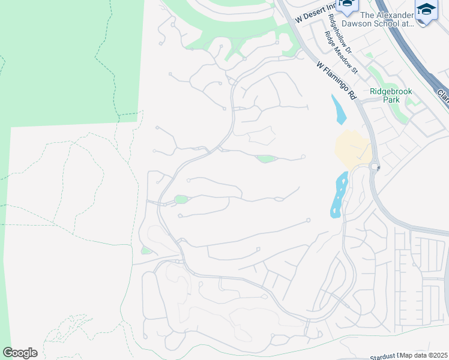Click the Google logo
[x=20, y=353]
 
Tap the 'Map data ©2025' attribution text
[x=424, y=355]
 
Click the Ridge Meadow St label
[x=341, y=53]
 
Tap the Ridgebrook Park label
[x=392, y=96]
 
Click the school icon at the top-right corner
[x=426, y=10]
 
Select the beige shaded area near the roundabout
[x=351, y=150]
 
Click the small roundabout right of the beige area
[x=375, y=167]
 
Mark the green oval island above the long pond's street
[x=266, y=159]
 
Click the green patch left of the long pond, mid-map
[x=181, y=200]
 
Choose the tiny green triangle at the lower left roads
[x=146, y=250]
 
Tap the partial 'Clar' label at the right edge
[x=442, y=96]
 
